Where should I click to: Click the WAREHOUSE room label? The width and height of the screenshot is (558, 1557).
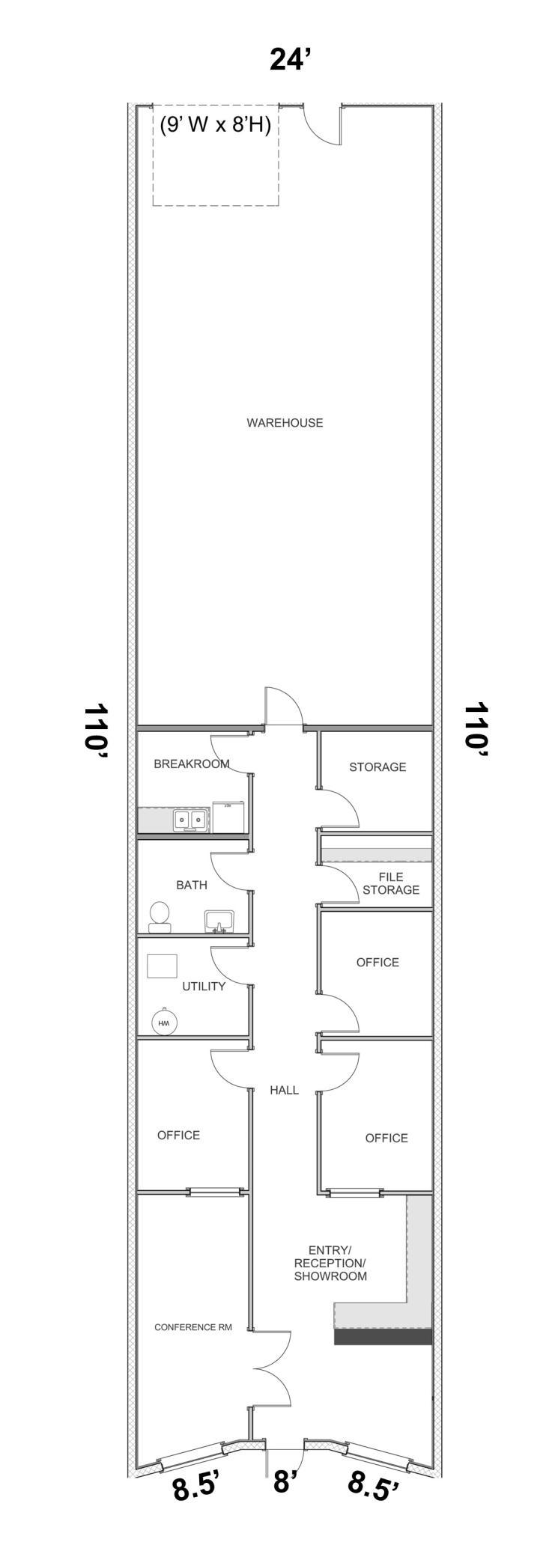(x=285, y=423)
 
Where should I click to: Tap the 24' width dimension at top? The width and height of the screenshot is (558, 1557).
(x=290, y=59)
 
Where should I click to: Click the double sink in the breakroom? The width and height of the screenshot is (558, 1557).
(x=191, y=820)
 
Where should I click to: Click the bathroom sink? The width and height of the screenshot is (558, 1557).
(x=219, y=921)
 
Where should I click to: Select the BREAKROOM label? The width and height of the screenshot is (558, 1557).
(x=192, y=764)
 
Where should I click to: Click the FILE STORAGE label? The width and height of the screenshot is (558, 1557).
(x=391, y=883)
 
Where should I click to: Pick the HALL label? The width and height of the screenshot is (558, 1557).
(x=285, y=1090)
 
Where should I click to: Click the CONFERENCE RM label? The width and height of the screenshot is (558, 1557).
(x=193, y=1327)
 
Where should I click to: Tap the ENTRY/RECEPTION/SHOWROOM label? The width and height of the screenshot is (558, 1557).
(x=330, y=1263)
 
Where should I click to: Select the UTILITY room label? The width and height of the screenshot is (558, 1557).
(x=204, y=987)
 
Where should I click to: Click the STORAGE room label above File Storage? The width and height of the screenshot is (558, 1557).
(x=377, y=767)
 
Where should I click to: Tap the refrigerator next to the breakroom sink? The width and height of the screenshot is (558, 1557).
(x=229, y=817)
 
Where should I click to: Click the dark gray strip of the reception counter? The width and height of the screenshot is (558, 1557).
(x=383, y=1336)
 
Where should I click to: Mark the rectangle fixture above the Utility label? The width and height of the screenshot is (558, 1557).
(x=162, y=966)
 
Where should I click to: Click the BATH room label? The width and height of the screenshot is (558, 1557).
(x=192, y=885)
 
